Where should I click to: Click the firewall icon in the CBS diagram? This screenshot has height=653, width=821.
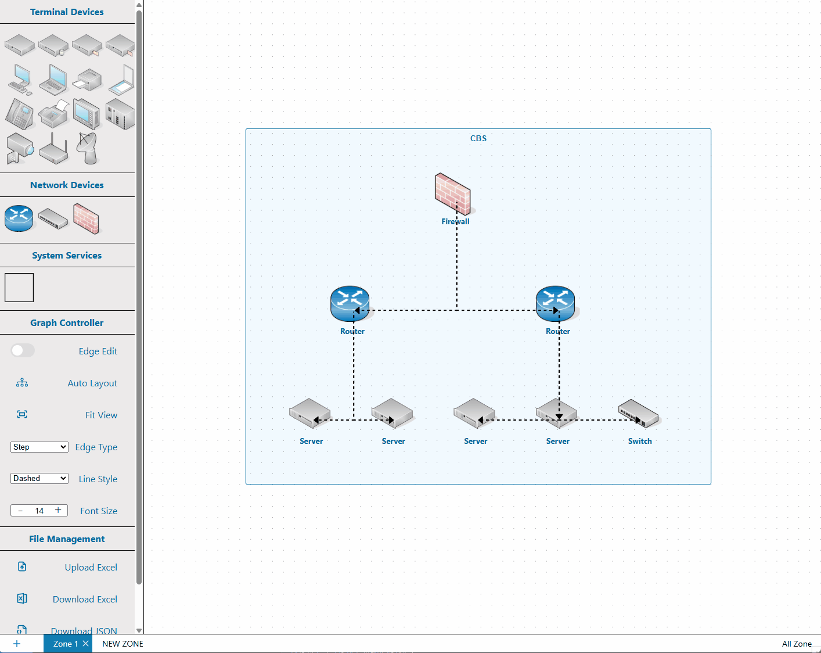click(x=452, y=193)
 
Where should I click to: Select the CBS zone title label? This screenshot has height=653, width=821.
click(x=478, y=138)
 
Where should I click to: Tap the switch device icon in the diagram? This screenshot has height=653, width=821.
click(x=638, y=413)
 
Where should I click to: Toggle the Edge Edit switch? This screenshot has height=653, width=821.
click(x=23, y=350)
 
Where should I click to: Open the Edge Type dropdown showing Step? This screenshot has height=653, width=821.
click(x=39, y=447)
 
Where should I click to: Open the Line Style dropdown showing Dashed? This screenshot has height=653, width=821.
click(x=39, y=478)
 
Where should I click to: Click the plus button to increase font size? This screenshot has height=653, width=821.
click(x=58, y=510)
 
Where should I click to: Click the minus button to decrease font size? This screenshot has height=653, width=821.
click(x=20, y=511)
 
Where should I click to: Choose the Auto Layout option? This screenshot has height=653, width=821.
click(x=92, y=383)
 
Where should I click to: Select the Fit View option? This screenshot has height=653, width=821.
click(x=101, y=415)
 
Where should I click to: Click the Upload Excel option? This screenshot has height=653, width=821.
click(x=91, y=567)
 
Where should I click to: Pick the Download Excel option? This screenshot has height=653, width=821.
click(x=85, y=599)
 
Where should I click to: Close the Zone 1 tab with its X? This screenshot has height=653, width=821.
click(x=85, y=643)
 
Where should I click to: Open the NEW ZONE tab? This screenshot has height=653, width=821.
click(x=123, y=644)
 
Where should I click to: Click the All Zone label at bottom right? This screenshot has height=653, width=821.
click(x=797, y=644)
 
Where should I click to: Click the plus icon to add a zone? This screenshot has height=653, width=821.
click(x=17, y=644)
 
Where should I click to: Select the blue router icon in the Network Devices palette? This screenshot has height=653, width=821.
click(x=19, y=218)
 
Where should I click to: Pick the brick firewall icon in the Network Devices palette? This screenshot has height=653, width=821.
click(x=87, y=218)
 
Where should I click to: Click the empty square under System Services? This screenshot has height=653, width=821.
click(x=19, y=288)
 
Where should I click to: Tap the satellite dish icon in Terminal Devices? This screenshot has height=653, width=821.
click(x=88, y=148)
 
